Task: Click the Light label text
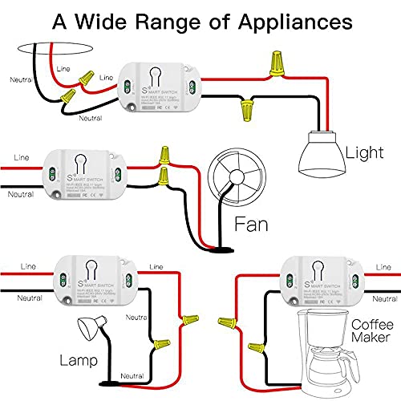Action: pos(363,152)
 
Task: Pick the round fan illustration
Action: pos(229,181)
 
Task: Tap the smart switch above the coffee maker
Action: pos(317,280)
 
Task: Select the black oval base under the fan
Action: pos(219,249)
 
